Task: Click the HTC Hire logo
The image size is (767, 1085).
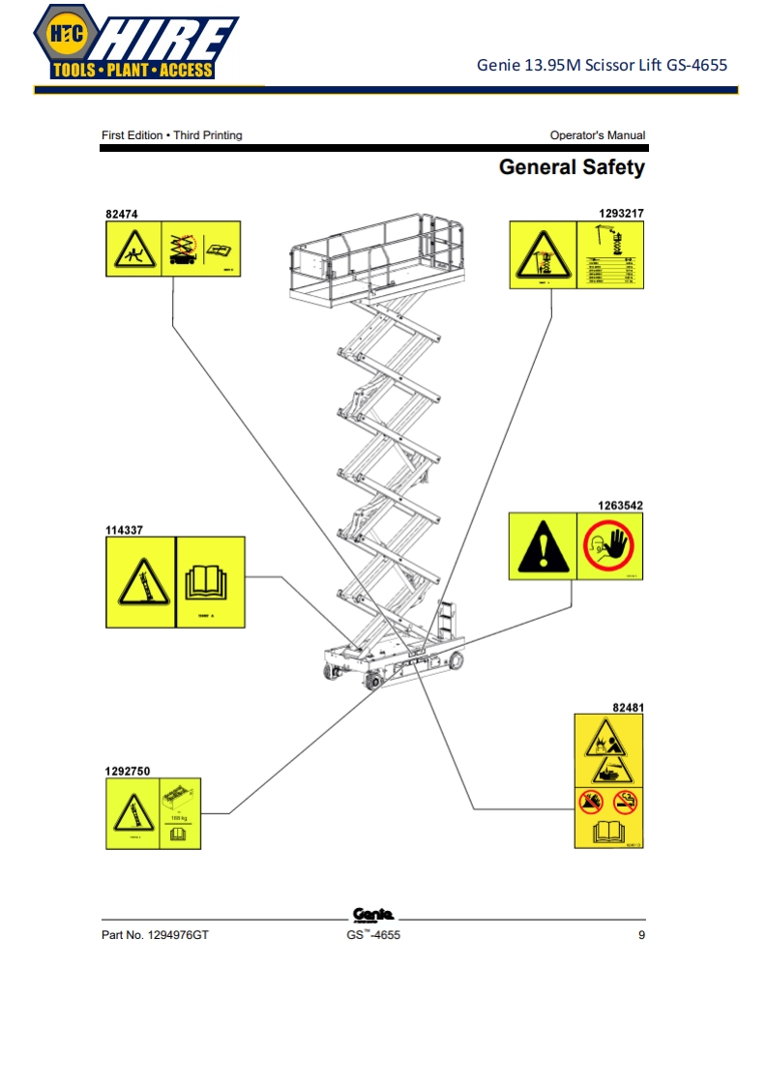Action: click(134, 43)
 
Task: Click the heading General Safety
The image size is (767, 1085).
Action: click(571, 167)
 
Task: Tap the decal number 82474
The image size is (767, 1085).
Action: click(121, 212)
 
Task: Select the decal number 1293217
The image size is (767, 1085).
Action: click(621, 212)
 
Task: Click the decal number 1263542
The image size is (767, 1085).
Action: click(621, 505)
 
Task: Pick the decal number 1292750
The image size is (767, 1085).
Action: click(128, 771)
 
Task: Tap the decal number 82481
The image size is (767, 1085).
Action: click(628, 707)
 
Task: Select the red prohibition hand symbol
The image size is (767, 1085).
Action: click(609, 547)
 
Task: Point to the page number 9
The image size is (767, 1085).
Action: click(641, 935)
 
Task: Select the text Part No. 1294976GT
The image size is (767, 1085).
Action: click(155, 935)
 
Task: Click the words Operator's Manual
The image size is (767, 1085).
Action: click(597, 135)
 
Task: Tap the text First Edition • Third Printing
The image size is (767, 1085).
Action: click(172, 135)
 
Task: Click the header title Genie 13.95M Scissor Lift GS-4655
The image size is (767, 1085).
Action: click(602, 66)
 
